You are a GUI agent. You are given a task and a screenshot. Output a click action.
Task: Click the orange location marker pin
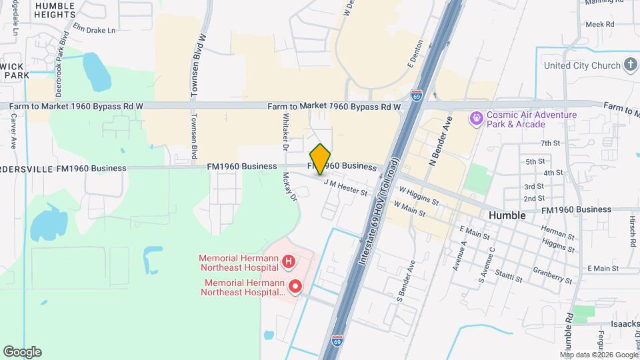[321, 159]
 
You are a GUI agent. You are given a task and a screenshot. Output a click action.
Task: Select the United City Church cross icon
[631, 65]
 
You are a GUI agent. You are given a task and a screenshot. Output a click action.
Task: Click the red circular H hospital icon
[289, 262]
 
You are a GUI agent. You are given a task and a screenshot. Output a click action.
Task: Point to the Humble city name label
[507, 215]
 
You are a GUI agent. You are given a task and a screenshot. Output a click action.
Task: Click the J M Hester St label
[345, 187]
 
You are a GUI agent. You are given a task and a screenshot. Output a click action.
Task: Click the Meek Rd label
[600, 24]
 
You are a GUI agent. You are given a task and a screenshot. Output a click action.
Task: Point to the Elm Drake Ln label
[94, 29]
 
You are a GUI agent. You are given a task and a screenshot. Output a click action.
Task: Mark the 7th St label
[550, 143]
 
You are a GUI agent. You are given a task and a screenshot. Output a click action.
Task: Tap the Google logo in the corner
[22, 351]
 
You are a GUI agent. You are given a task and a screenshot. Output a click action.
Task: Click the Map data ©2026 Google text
[599, 355]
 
